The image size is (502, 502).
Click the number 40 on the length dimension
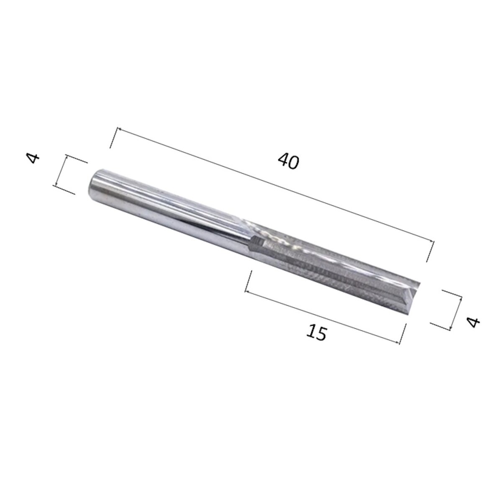point(288,161)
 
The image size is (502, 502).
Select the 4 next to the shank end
point(34,159)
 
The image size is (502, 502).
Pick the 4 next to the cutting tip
point(473,322)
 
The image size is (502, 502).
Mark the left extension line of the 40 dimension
point(114,137)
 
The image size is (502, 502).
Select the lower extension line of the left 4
point(65,190)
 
